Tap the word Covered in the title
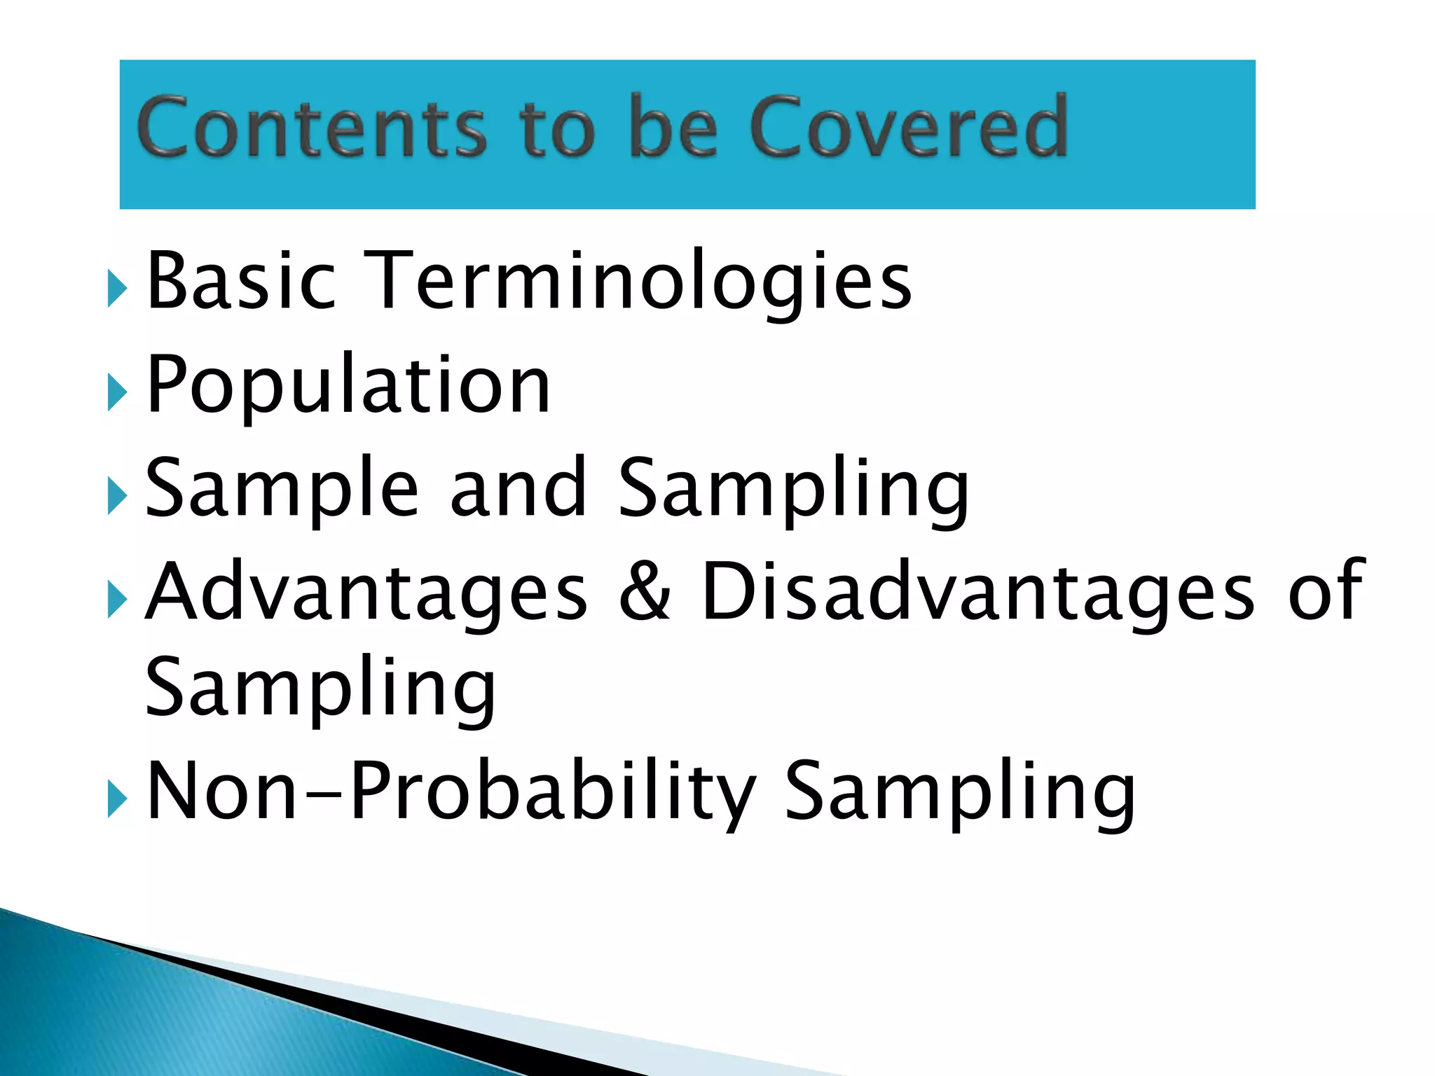pos(908,127)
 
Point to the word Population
pos(348,385)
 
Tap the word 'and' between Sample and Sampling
pos(518,489)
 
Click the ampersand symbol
pos(645,593)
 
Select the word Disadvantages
pos(978,593)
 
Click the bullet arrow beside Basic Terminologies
pos(117,288)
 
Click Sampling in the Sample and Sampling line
pos(793,489)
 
